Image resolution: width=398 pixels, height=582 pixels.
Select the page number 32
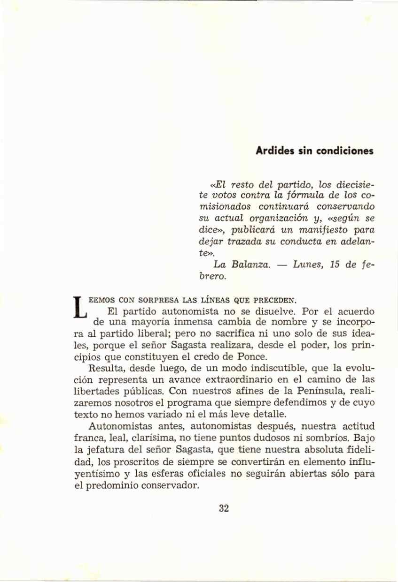click(224, 508)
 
